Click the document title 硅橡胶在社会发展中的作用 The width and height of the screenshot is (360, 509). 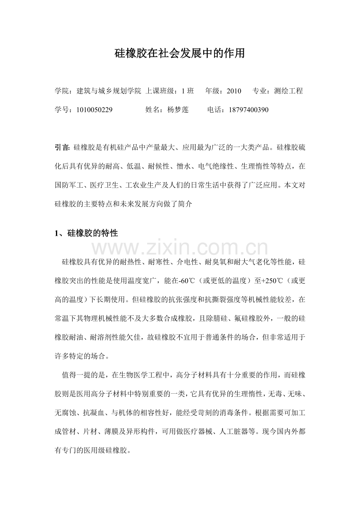[x=180, y=53]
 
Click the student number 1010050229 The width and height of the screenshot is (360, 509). [x=95, y=110]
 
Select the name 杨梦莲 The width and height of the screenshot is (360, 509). [x=178, y=110]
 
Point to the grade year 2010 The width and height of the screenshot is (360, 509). [x=234, y=91]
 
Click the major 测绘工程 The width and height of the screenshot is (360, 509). [x=289, y=91]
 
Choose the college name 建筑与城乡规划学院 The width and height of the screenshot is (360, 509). [x=109, y=91]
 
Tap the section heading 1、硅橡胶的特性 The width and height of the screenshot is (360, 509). [x=86, y=234]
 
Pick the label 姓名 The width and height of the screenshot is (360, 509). [x=152, y=110]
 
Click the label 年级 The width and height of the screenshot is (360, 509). [x=213, y=91]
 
